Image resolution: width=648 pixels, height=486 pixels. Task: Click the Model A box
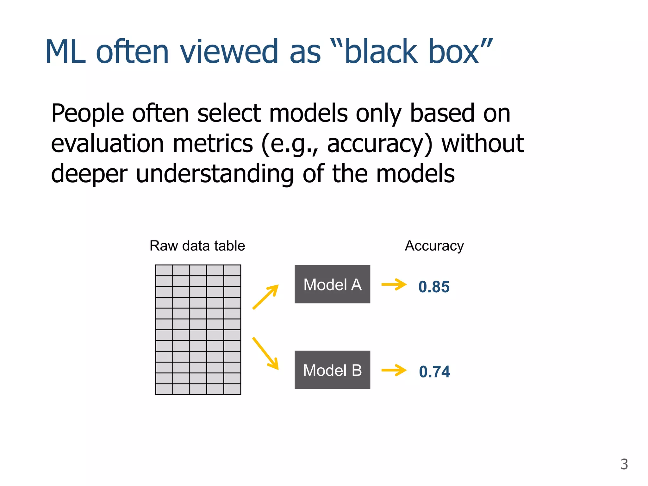tap(332, 284)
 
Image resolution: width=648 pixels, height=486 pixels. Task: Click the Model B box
tap(332, 370)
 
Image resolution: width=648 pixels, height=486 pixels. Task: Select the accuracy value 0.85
tap(434, 287)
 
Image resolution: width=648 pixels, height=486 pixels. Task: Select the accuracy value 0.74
tap(434, 371)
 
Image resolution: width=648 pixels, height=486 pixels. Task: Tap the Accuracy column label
tap(434, 246)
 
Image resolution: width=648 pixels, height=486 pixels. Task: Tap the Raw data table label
tap(197, 246)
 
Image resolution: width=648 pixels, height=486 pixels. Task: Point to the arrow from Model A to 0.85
tap(394, 284)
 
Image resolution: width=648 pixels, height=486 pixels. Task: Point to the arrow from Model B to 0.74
tap(394, 370)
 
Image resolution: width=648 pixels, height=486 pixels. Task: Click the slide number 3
tap(624, 464)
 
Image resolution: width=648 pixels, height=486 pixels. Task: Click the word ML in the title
tap(65, 52)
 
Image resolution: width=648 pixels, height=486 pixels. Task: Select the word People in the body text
tap(88, 114)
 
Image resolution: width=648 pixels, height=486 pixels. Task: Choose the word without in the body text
tap(483, 143)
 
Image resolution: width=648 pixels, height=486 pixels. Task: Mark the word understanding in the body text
tap(215, 174)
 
